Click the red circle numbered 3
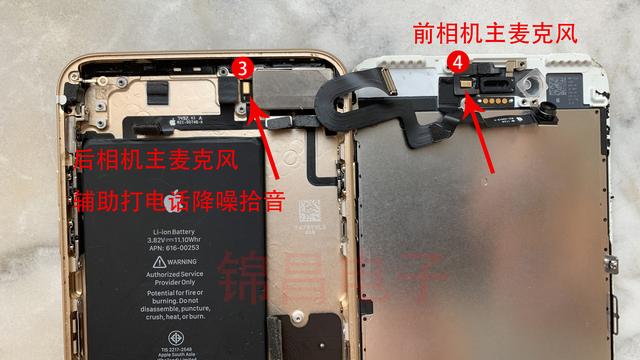(243, 67)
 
